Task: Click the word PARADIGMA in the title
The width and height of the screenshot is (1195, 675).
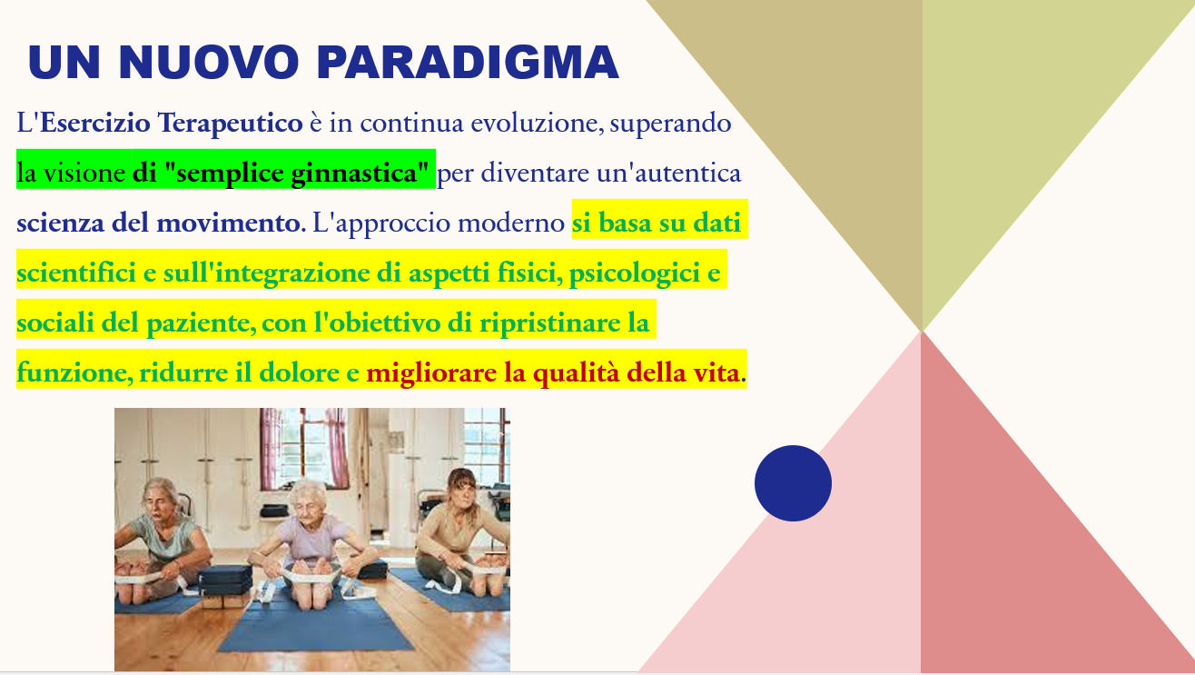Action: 468,63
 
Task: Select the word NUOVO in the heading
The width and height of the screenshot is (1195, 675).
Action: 209,63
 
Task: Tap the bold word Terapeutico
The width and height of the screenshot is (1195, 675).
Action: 230,124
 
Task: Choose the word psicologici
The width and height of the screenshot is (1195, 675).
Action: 635,273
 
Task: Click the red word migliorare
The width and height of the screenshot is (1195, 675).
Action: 431,372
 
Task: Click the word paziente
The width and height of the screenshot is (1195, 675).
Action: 201,323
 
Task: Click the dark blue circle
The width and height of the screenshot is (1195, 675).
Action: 793,483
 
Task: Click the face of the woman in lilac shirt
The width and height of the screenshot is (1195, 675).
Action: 309,504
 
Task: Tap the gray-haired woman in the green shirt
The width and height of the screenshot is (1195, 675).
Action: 163,539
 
